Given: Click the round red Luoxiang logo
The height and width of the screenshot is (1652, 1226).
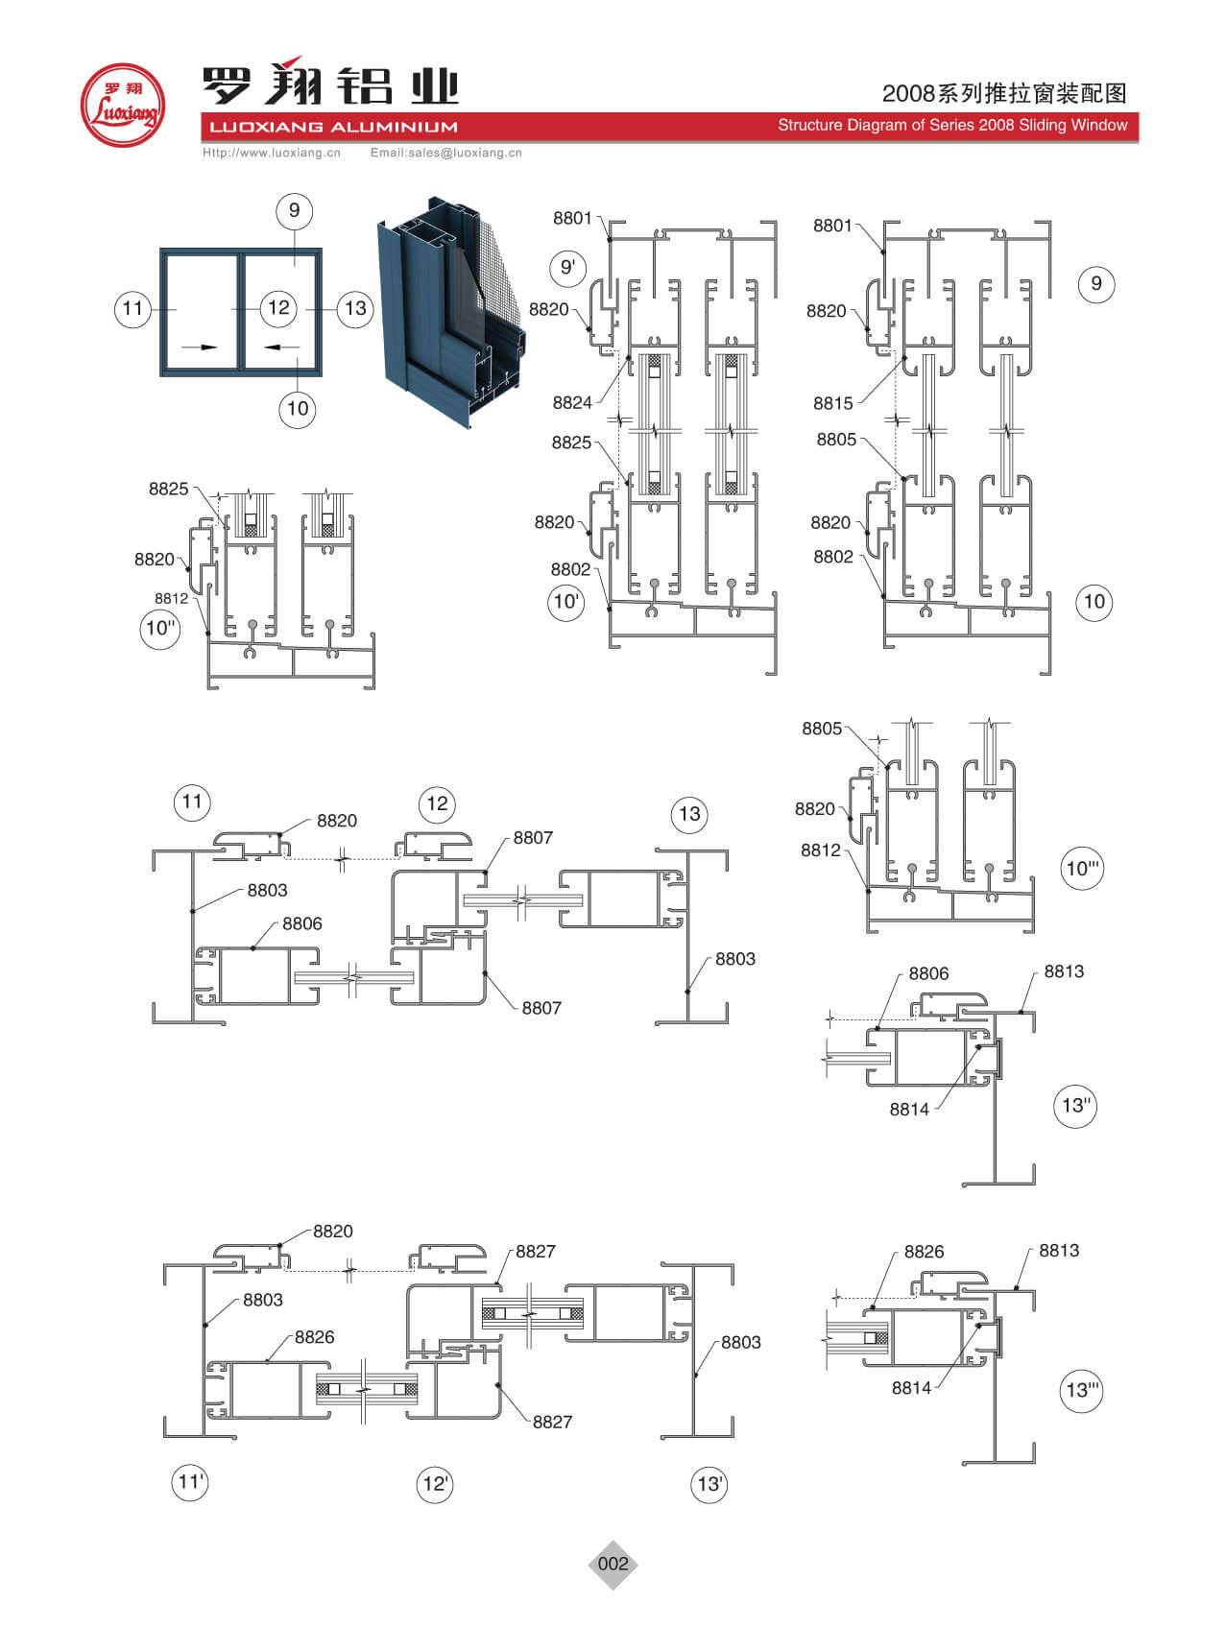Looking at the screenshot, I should (x=122, y=105).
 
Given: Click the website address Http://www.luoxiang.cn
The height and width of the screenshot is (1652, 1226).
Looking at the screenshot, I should (x=272, y=153).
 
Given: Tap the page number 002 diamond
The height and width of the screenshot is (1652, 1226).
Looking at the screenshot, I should (x=613, y=1564).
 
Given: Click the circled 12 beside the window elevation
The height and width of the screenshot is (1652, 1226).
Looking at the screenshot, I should (x=278, y=307).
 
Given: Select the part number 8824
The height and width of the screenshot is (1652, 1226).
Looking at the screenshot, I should (x=572, y=403).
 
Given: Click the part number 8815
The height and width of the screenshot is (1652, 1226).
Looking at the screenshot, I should (x=832, y=403).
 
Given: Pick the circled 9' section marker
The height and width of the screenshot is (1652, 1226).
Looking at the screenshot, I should (x=567, y=267).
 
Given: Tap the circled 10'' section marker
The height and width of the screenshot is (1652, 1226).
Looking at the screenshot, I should (x=160, y=629).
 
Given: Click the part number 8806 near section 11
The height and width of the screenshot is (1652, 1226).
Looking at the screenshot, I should (x=301, y=923).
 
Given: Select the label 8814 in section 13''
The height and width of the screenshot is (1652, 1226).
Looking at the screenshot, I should (x=909, y=1110).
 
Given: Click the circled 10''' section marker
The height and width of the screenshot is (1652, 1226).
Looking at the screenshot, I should (x=1083, y=869).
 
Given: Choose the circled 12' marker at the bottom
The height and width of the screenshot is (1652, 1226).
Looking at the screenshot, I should (x=435, y=1484).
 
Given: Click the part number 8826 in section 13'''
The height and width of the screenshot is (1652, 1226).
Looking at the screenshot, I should (x=924, y=1252).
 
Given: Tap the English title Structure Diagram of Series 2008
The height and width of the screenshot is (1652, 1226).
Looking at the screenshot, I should (x=951, y=126).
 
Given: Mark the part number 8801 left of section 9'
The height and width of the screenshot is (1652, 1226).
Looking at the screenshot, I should (x=572, y=218).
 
